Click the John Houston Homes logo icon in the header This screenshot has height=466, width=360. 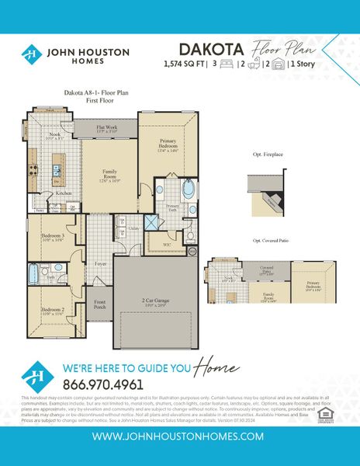31,54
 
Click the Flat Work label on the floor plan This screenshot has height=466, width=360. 106,127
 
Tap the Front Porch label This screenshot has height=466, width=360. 100,304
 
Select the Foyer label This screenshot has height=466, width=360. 101,264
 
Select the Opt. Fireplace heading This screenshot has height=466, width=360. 268,155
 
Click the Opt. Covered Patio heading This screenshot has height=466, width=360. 271,242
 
